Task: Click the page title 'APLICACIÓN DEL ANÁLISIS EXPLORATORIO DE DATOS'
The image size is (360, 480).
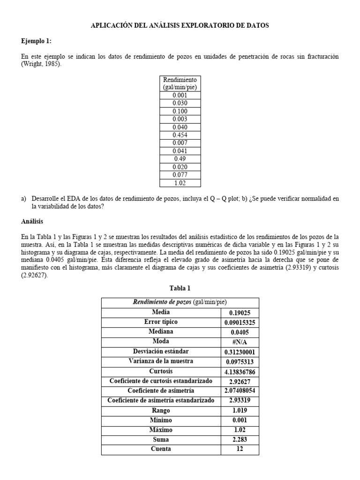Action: [180, 26]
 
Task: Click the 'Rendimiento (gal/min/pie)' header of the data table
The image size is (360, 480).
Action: [180, 83]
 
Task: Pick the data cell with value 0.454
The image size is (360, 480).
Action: [180, 135]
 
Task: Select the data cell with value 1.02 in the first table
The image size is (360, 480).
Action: [180, 183]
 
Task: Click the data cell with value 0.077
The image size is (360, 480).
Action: [180, 175]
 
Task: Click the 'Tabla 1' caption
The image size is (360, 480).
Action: [180, 288]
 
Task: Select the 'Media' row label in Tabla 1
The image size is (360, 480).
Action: [161, 312]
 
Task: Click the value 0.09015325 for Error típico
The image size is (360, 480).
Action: [240, 322]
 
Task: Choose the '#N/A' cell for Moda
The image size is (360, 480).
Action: [240, 342]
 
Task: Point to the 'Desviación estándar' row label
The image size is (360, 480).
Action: [161, 352]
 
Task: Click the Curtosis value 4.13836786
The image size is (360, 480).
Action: [240, 371]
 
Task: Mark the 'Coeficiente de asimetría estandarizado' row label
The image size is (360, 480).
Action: [161, 400]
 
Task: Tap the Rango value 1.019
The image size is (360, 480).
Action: [240, 410]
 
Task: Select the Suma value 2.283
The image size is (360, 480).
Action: [240, 440]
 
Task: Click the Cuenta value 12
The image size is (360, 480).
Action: [240, 450]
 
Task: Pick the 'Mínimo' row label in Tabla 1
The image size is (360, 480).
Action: [161, 420]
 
